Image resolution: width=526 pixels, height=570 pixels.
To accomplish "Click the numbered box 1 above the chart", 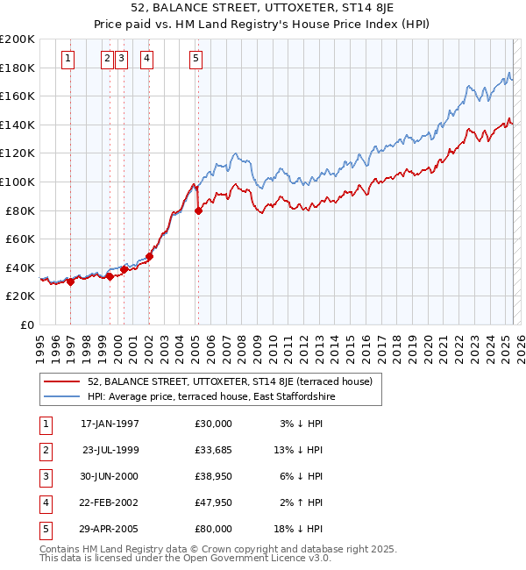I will (x=69, y=59).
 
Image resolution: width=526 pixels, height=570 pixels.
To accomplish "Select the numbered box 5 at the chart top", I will (x=195, y=59).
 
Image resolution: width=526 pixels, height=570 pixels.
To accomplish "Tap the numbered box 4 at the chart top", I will (x=146, y=59).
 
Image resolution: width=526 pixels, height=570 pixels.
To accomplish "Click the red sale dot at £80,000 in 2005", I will (x=198, y=210).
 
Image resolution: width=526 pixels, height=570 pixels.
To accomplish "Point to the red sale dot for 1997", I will (x=70, y=281).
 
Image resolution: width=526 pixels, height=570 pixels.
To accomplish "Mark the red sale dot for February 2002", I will (x=149, y=256).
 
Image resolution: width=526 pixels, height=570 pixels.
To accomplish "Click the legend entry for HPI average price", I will (x=211, y=396).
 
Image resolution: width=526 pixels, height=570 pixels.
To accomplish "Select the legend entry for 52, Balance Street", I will (x=230, y=381).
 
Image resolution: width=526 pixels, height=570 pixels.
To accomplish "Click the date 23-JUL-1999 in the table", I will (x=110, y=450).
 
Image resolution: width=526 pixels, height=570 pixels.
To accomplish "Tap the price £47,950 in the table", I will (x=214, y=502).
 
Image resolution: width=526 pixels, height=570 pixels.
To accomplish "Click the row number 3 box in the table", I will (x=45, y=476).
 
